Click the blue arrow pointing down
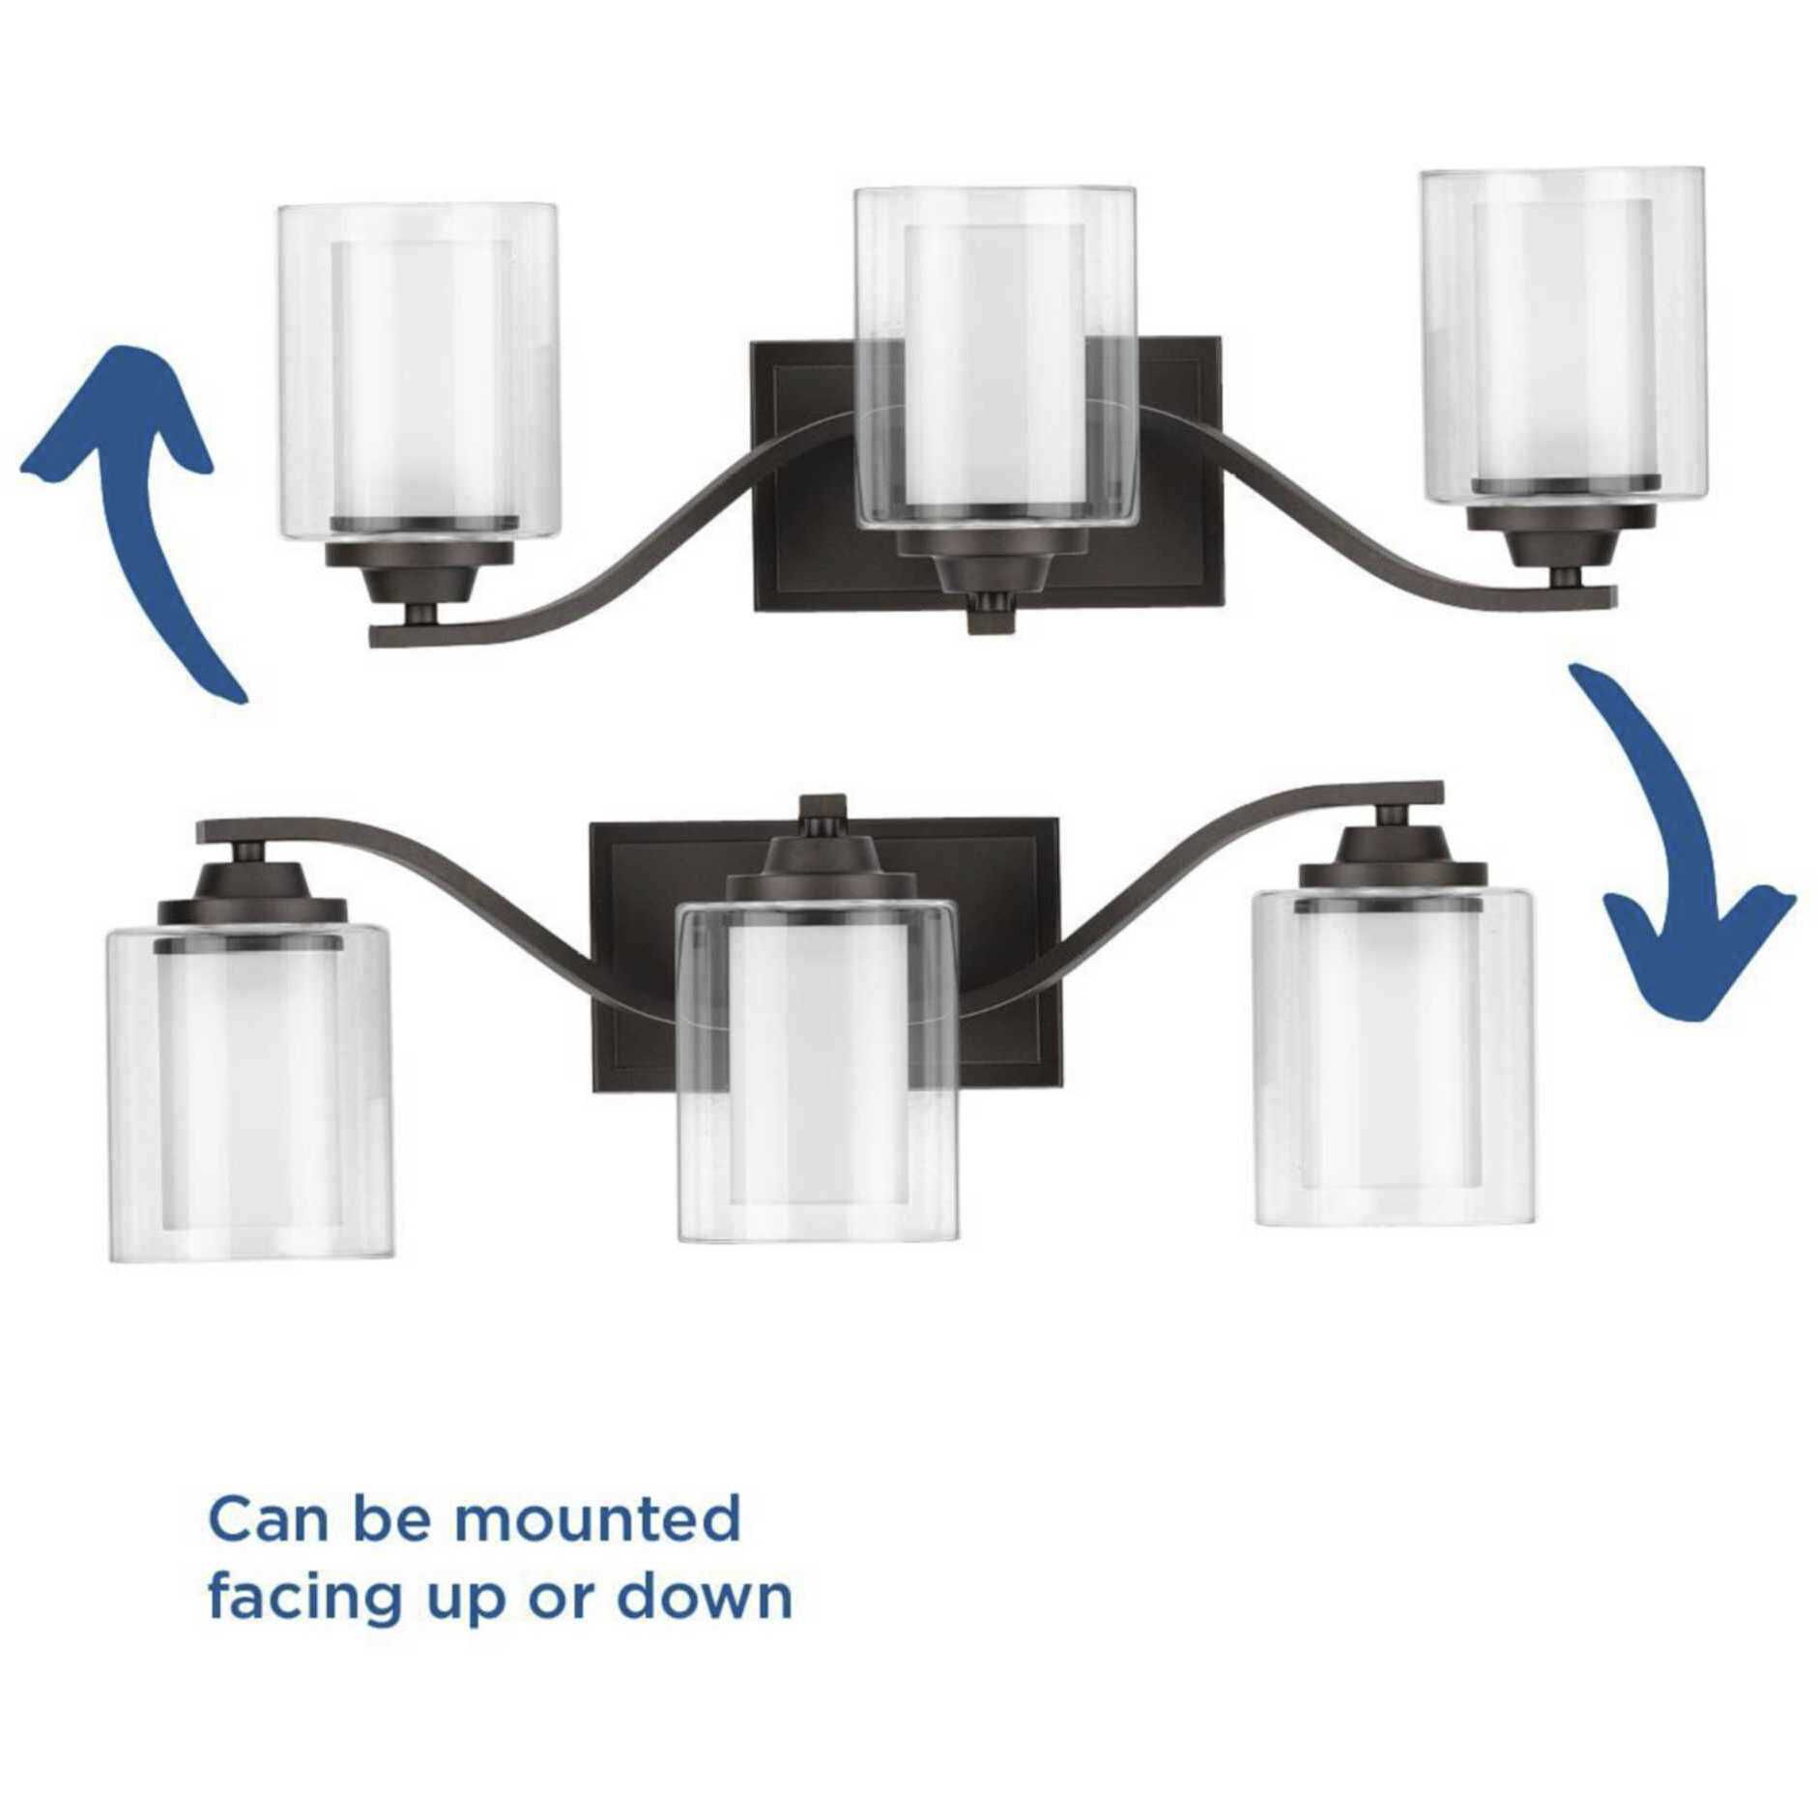pos(1687,851)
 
